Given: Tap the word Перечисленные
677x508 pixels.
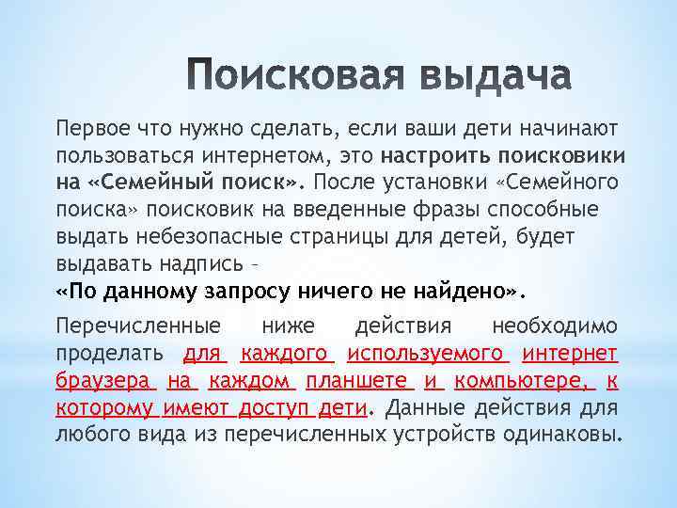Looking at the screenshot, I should (x=139, y=326).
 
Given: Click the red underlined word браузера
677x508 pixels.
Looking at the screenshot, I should (x=103, y=381).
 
